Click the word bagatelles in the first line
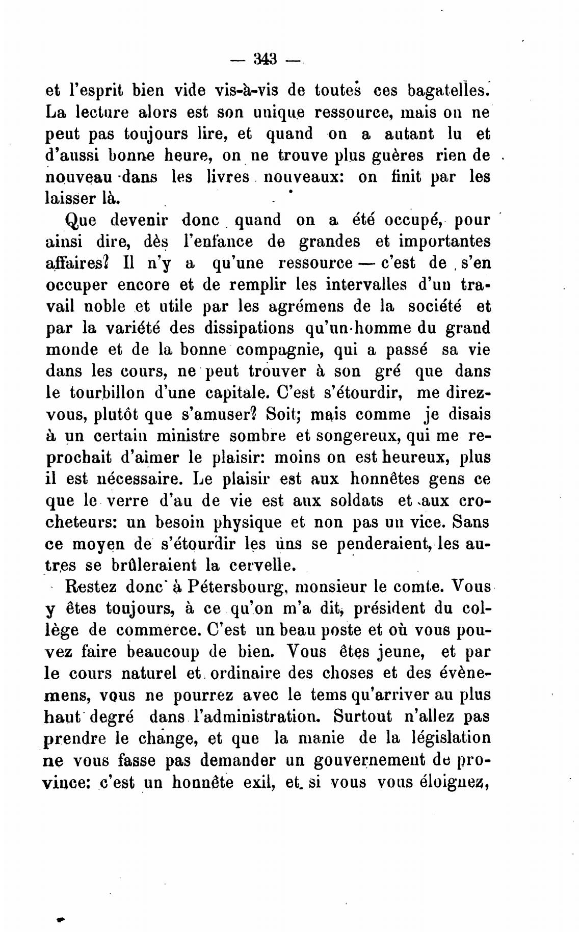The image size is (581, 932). coord(448,90)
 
